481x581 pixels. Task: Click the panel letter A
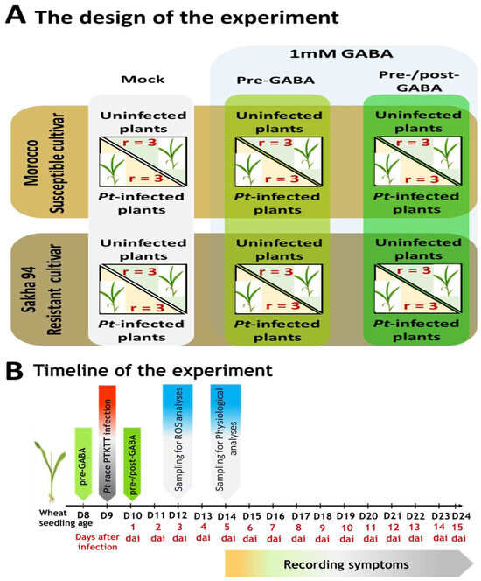tap(14, 16)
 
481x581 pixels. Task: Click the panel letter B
tap(14, 371)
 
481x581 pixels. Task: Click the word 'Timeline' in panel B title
tap(76, 371)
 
